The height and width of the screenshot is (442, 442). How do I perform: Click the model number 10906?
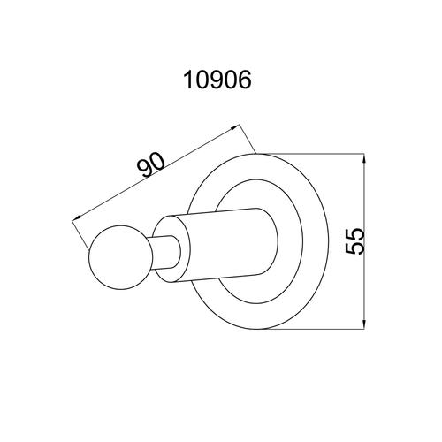click(x=217, y=80)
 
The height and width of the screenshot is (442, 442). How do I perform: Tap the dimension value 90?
click(x=151, y=165)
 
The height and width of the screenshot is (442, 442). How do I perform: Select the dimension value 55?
click(x=354, y=240)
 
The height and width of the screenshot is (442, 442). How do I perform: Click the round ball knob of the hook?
click(x=121, y=257)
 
